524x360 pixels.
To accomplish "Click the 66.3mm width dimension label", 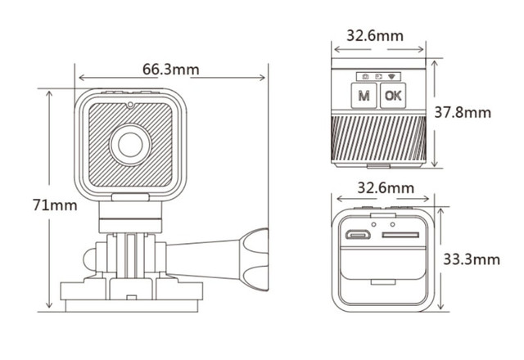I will click(x=171, y=69).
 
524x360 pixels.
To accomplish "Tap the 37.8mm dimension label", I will click(x=463, y=112).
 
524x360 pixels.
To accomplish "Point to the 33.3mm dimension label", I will click(x=471, y=259).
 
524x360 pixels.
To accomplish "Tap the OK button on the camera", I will click(x=393, y=96).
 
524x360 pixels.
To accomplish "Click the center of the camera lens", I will click(x=129, y=144).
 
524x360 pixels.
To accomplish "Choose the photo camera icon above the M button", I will click(x=364, y=76).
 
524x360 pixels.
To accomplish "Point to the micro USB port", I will click(x=358, y=236).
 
